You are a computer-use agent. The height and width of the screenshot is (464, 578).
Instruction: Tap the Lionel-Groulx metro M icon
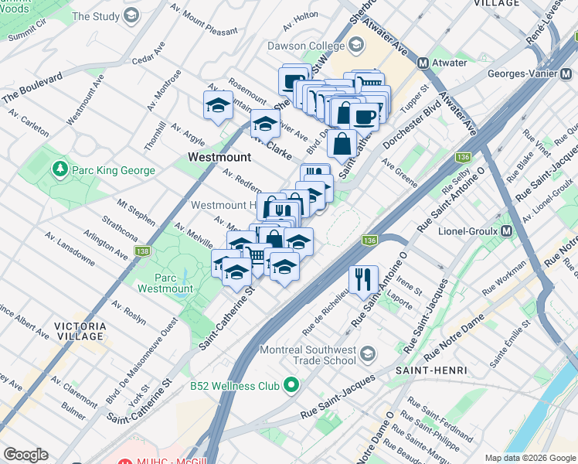[508, 231]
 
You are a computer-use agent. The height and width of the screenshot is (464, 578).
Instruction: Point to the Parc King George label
[114, 170]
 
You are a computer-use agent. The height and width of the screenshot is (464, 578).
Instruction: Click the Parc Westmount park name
[165, 282]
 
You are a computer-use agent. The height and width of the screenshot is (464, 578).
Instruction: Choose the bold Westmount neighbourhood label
[219, 157]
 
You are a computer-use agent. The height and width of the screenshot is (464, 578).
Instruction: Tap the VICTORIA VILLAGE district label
[80, 331]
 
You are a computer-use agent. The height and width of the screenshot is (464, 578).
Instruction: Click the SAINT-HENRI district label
[431, 370]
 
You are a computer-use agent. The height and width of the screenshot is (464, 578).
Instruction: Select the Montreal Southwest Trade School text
[307, 355]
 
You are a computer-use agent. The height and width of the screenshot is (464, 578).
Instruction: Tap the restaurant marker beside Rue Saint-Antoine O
[362, 278]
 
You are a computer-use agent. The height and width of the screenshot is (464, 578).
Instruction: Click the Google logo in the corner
[26, 454]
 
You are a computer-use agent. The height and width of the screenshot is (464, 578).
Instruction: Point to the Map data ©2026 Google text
[531, 458]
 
